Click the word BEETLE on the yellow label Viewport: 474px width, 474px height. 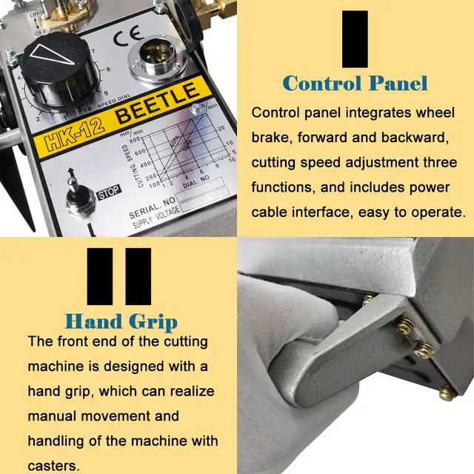click(x=158, y=104)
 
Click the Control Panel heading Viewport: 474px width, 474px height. click(x=355, y=83)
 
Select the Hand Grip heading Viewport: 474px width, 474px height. click(x=121, y=322)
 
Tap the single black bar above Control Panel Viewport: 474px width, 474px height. click(x=355, y=37)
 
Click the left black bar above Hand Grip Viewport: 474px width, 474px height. click(x=100, y=276)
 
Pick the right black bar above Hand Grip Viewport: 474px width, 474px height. click(x=138, y=276)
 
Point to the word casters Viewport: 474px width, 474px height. click(x=54, y=466)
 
